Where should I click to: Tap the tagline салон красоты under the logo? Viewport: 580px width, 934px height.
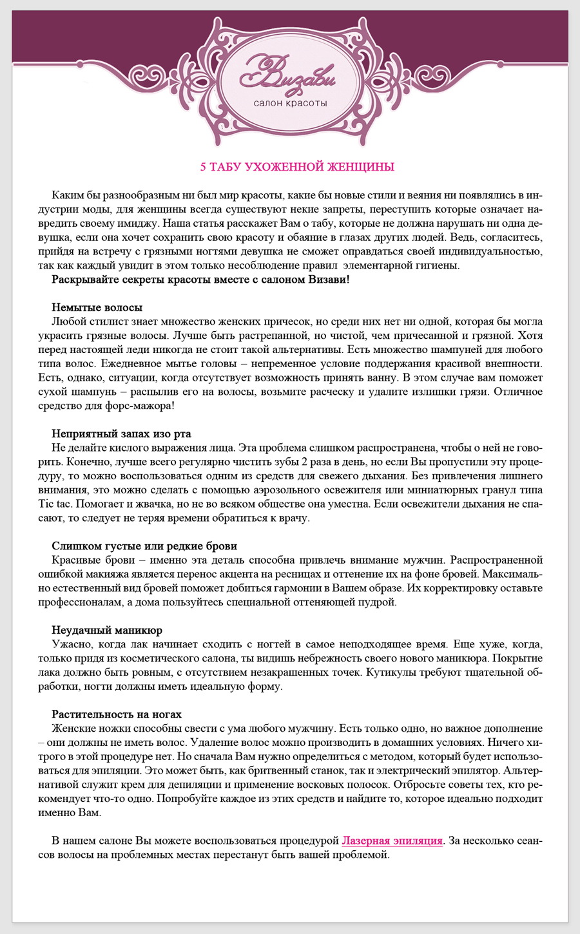[x=290, y=103]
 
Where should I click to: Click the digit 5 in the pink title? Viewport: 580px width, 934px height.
[x=204, y=167]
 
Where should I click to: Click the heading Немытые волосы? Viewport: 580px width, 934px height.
[x=97, y=307]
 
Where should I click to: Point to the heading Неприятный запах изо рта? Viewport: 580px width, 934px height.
[x=121, y=434]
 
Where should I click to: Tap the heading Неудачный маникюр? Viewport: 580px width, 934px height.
[x=107, y=630]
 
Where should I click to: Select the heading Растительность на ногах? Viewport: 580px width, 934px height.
[x=117, y=714]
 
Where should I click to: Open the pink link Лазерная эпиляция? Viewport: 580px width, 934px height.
[x=392, y=841]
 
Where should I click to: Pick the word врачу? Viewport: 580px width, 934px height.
[x=294, y=518]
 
